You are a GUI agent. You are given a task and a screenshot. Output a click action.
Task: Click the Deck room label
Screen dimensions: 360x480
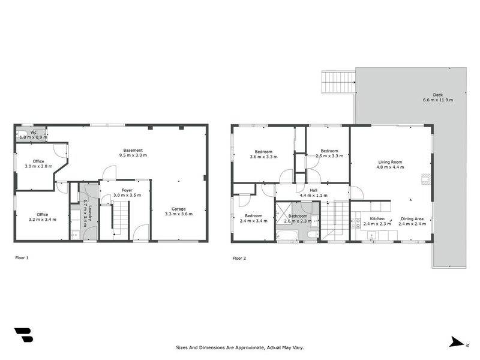[x=437, y=95]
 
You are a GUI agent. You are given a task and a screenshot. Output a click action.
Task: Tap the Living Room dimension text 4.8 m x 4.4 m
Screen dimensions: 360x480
[x=390, y=167]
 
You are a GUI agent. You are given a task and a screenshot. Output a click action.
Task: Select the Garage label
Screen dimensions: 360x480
[x=179, y=209]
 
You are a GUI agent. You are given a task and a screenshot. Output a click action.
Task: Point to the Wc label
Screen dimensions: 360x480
[x=34, y=132]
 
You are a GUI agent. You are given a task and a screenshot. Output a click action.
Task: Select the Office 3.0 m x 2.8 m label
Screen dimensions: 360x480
[x=38, y=161]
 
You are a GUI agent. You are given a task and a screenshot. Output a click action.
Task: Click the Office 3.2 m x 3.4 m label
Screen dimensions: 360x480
[x=42, y=214]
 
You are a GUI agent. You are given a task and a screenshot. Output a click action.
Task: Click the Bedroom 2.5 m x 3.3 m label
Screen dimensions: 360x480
[x=329, y=151]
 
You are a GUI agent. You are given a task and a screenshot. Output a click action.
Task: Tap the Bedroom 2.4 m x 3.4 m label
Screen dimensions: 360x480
[x=253, y=215]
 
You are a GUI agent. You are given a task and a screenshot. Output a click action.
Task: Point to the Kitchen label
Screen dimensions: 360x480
[x=377, y=219]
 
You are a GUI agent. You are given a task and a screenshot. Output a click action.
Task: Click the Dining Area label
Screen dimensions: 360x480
[x=412, y=219]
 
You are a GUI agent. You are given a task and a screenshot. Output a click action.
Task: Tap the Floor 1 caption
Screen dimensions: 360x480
[x=22, y=258]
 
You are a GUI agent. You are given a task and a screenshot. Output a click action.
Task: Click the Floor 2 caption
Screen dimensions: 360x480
[x=239, y=258]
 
